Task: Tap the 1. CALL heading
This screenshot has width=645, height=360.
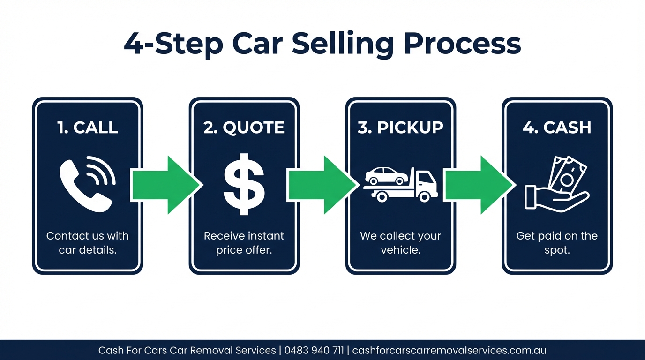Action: [88, 127]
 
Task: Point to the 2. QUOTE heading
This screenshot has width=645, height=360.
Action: [244, 127]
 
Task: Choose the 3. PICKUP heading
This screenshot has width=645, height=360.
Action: [400, 127]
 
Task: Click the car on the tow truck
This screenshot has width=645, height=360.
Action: [387, 176]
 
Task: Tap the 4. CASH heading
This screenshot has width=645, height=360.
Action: [557, 127]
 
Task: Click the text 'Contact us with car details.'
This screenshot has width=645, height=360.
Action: [88, 243]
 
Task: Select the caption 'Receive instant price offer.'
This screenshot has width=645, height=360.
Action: [244, 243]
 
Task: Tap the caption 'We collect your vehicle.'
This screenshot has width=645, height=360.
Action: [400, 243]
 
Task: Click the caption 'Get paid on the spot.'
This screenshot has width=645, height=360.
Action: [557, 243]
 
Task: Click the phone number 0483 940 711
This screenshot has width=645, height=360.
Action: [314, 350]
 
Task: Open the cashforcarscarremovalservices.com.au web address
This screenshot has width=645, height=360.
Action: [449, 350]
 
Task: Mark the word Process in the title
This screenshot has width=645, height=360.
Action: [462, 44]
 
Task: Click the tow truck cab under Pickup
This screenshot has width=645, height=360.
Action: [426, 183]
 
